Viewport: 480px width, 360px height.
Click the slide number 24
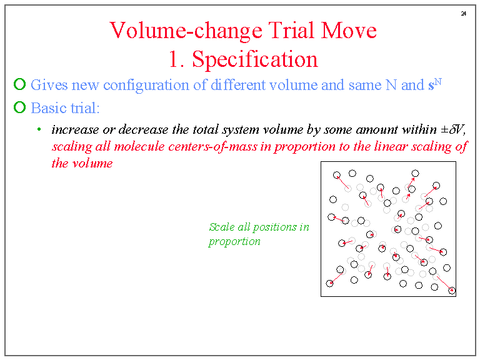coord(463,13)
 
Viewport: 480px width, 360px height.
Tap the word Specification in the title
coord(255,59)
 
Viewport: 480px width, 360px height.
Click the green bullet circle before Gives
coord(19,84)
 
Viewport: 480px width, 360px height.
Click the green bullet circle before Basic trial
coord(19,107)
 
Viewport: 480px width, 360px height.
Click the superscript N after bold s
coord(438,81)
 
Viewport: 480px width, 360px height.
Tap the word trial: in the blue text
coord(84,107)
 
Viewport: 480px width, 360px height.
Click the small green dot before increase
coord(39,130)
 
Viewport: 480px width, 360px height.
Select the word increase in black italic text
coord(74,130)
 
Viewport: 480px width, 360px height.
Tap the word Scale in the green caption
coord(221,227)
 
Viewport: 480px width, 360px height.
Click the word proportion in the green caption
coord(234,242)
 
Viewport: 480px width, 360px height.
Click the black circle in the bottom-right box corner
coord(451,290)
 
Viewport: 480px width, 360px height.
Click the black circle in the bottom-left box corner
coord(330,283)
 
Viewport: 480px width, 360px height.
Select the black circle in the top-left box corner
coord(337,175)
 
